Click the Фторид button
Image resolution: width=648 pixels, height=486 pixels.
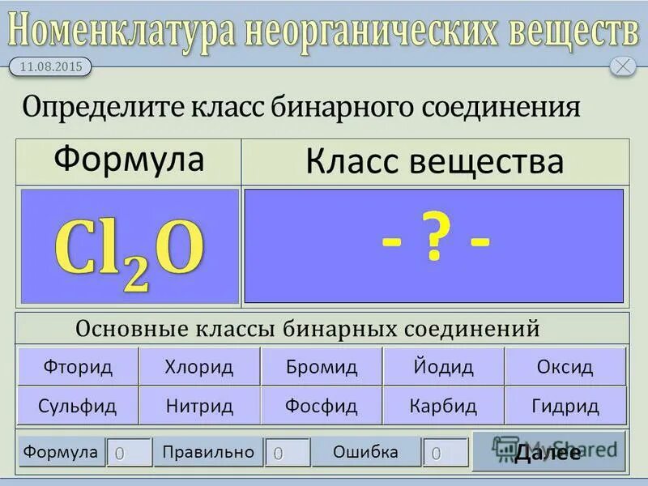pos(79,367)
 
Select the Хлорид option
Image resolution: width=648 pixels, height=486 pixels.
pos(199,367)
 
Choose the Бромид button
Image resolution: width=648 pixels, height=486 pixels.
pos(322,367)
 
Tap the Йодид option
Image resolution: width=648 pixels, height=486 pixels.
pos(442,367)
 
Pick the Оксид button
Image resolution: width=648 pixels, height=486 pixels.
pos(565,367)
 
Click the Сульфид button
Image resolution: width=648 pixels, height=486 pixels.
pos(79,406)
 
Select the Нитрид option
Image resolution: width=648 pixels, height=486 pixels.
pos(199,406)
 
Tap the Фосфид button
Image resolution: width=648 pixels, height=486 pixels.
pos(322,406)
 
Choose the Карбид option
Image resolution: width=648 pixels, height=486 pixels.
pos(442,406)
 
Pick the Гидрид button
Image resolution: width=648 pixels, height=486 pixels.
pos(565,406)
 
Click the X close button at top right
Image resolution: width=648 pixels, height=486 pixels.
pos(622,66)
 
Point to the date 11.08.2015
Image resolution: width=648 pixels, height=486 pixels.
pos(50,67)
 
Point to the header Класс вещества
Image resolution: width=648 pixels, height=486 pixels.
pos(434,162)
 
